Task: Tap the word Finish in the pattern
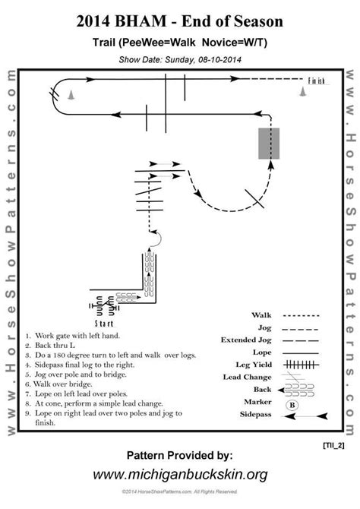(317, 80)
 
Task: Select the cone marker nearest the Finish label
(303, 93)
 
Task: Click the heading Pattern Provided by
(179, 456)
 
